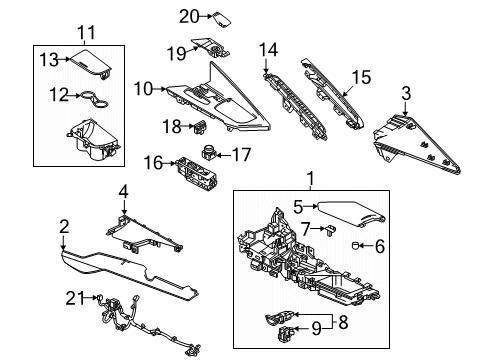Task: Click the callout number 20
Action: coord(189,16)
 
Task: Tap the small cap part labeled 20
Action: coord(222,19)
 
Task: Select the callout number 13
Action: coord(49,60)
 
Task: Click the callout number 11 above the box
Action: coord(86,33)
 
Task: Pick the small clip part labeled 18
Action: coord(200,127)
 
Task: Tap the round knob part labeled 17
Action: coord(209,153)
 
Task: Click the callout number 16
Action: coord(153,163)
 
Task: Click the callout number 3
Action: coord(406,93)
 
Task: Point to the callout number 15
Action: coord(361,77)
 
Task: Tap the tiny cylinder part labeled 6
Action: coord(355,246)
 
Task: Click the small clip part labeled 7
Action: coord(330,230)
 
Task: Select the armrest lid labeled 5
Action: coord(350,213)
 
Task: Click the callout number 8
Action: coord(343,322)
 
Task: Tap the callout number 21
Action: coord(75,298)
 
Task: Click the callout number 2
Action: coord(64,227)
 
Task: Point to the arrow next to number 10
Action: coord(159,89)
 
